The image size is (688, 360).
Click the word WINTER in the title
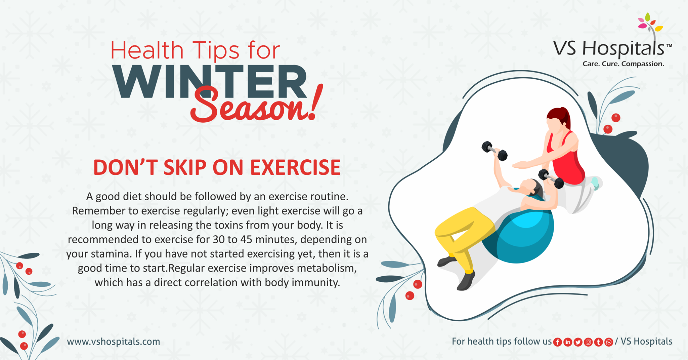pos(210,81)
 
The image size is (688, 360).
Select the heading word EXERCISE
pos(295,167)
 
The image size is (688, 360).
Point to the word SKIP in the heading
pos(185,167)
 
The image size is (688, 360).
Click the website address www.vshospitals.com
pos(114,342)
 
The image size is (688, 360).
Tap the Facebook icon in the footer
pos(557,342)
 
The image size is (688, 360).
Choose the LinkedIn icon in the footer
pos(568,342)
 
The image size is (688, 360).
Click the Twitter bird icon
pos(578,342)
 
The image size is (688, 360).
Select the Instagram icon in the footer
pos(588,342)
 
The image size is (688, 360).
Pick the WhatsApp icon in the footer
pos(609,342)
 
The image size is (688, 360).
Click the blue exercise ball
pos(524,235)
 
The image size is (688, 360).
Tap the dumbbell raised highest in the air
pos(494,151)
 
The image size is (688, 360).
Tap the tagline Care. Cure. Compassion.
pos(623,64)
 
